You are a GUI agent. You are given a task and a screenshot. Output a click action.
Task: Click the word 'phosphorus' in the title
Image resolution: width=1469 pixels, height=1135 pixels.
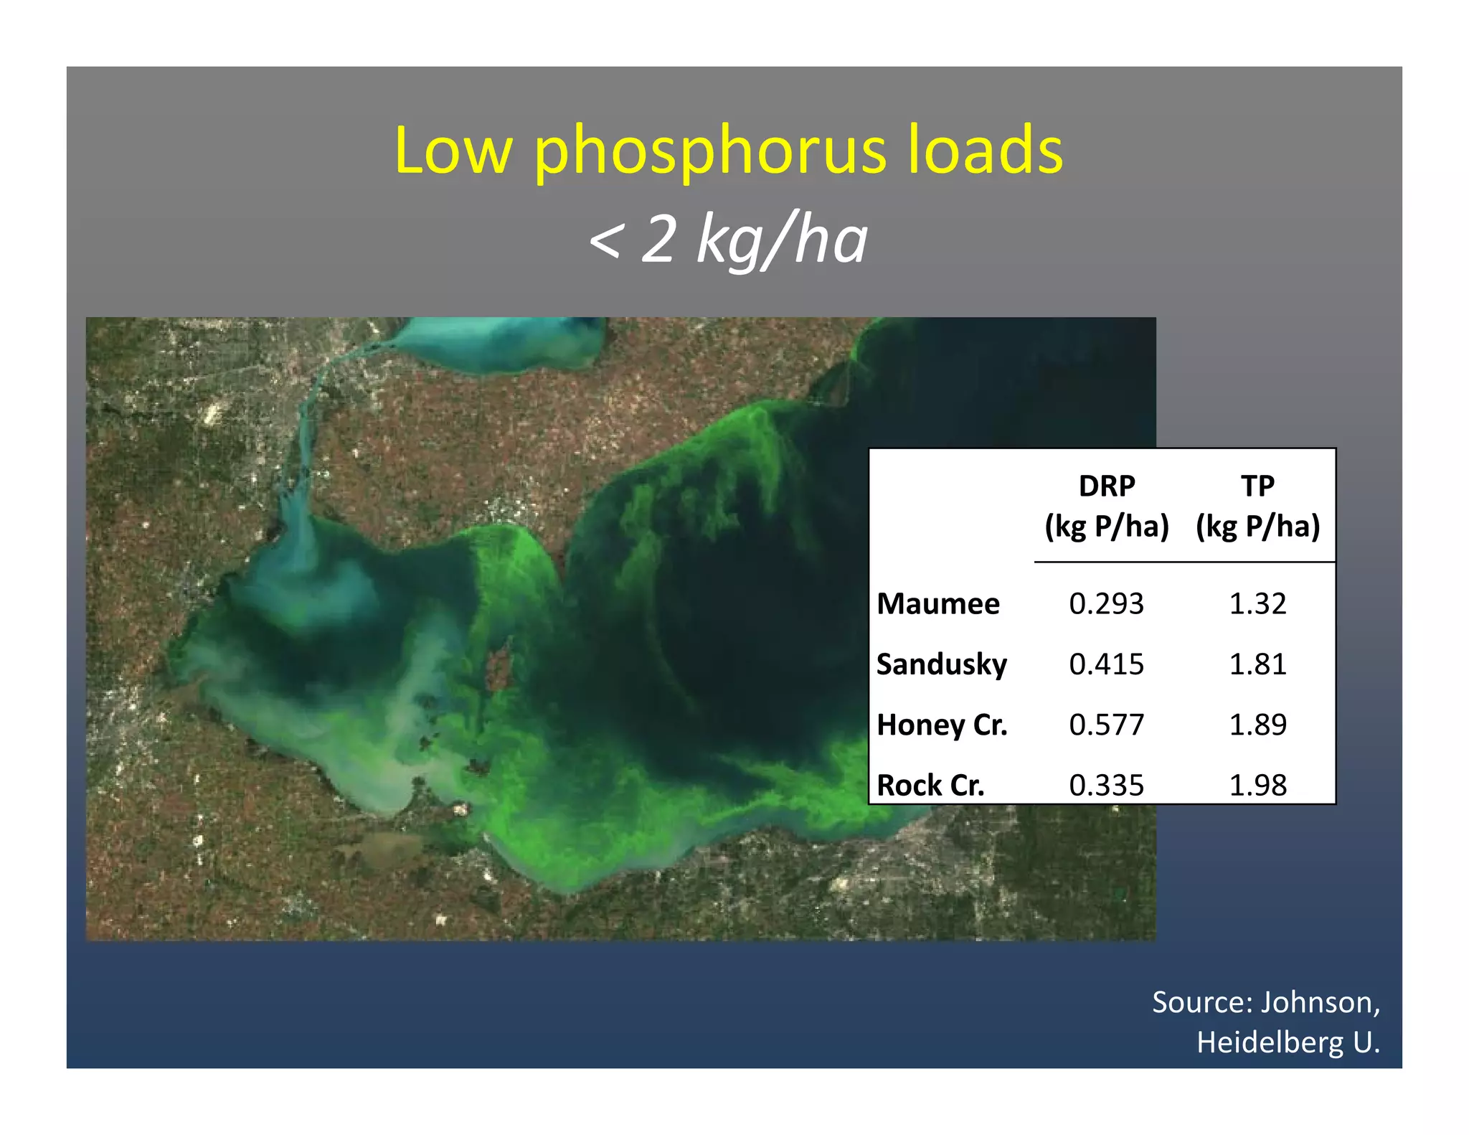[711, 152]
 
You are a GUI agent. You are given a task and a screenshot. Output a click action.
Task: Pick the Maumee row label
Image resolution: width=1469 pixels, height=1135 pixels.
[938, 604]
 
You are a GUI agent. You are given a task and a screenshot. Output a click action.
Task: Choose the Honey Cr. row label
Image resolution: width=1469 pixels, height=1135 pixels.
[942, 725]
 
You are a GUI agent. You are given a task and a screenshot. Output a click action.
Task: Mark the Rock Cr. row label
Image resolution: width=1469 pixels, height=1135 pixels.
[930, 786]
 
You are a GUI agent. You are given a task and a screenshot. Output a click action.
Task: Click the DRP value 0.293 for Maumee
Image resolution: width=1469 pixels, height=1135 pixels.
[1106, 604]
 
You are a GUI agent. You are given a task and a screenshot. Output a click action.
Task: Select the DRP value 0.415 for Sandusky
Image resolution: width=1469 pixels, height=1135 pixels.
[1106, 664]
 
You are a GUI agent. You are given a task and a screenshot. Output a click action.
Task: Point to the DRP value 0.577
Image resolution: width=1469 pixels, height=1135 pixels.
[1106, 725]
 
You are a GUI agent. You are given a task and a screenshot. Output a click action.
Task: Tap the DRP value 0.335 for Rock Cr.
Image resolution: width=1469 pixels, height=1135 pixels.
[1106, 786]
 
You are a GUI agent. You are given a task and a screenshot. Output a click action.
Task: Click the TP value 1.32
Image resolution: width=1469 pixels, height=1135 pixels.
[1257, 604]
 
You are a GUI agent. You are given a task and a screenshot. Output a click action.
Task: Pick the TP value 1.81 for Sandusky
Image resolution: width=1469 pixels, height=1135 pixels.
[1257, 664]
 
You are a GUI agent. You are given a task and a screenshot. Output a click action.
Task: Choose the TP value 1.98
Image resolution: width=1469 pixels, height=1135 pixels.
[1257, 786]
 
